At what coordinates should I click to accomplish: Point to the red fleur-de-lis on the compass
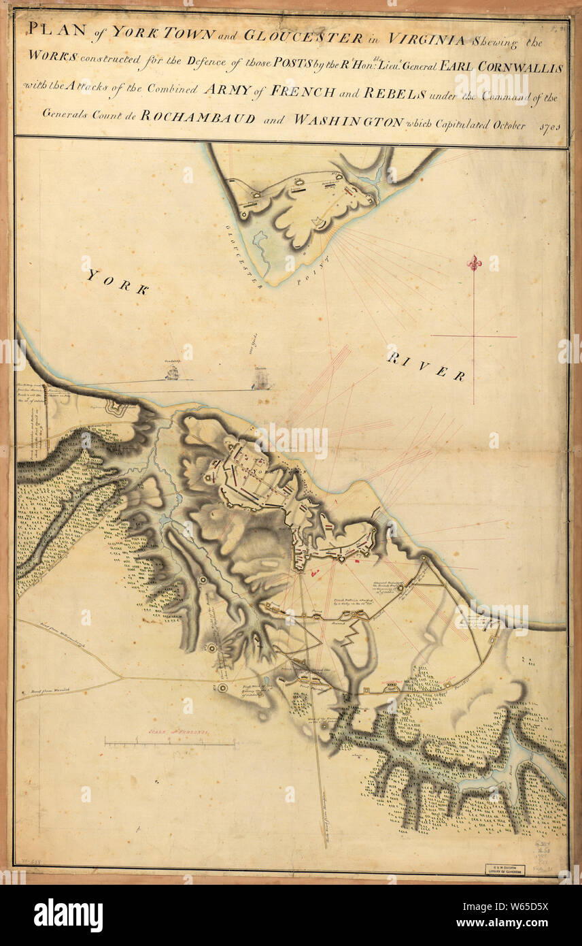(474, 263)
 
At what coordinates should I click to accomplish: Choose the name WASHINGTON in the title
(347, 118)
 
